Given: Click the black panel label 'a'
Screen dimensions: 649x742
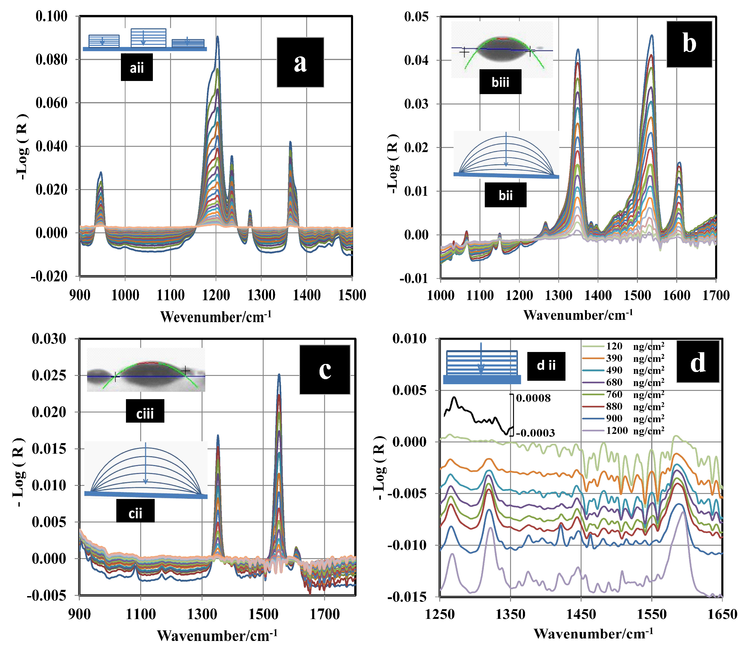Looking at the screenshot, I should coord(300,62).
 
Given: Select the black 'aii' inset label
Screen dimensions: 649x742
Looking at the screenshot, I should coord(137,67).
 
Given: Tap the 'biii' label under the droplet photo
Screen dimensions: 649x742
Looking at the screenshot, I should coord(500,82).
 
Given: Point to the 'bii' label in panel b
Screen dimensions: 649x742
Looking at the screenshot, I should coord(505,195).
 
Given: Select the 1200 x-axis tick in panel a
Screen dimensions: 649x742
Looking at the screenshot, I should coord(216,295).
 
